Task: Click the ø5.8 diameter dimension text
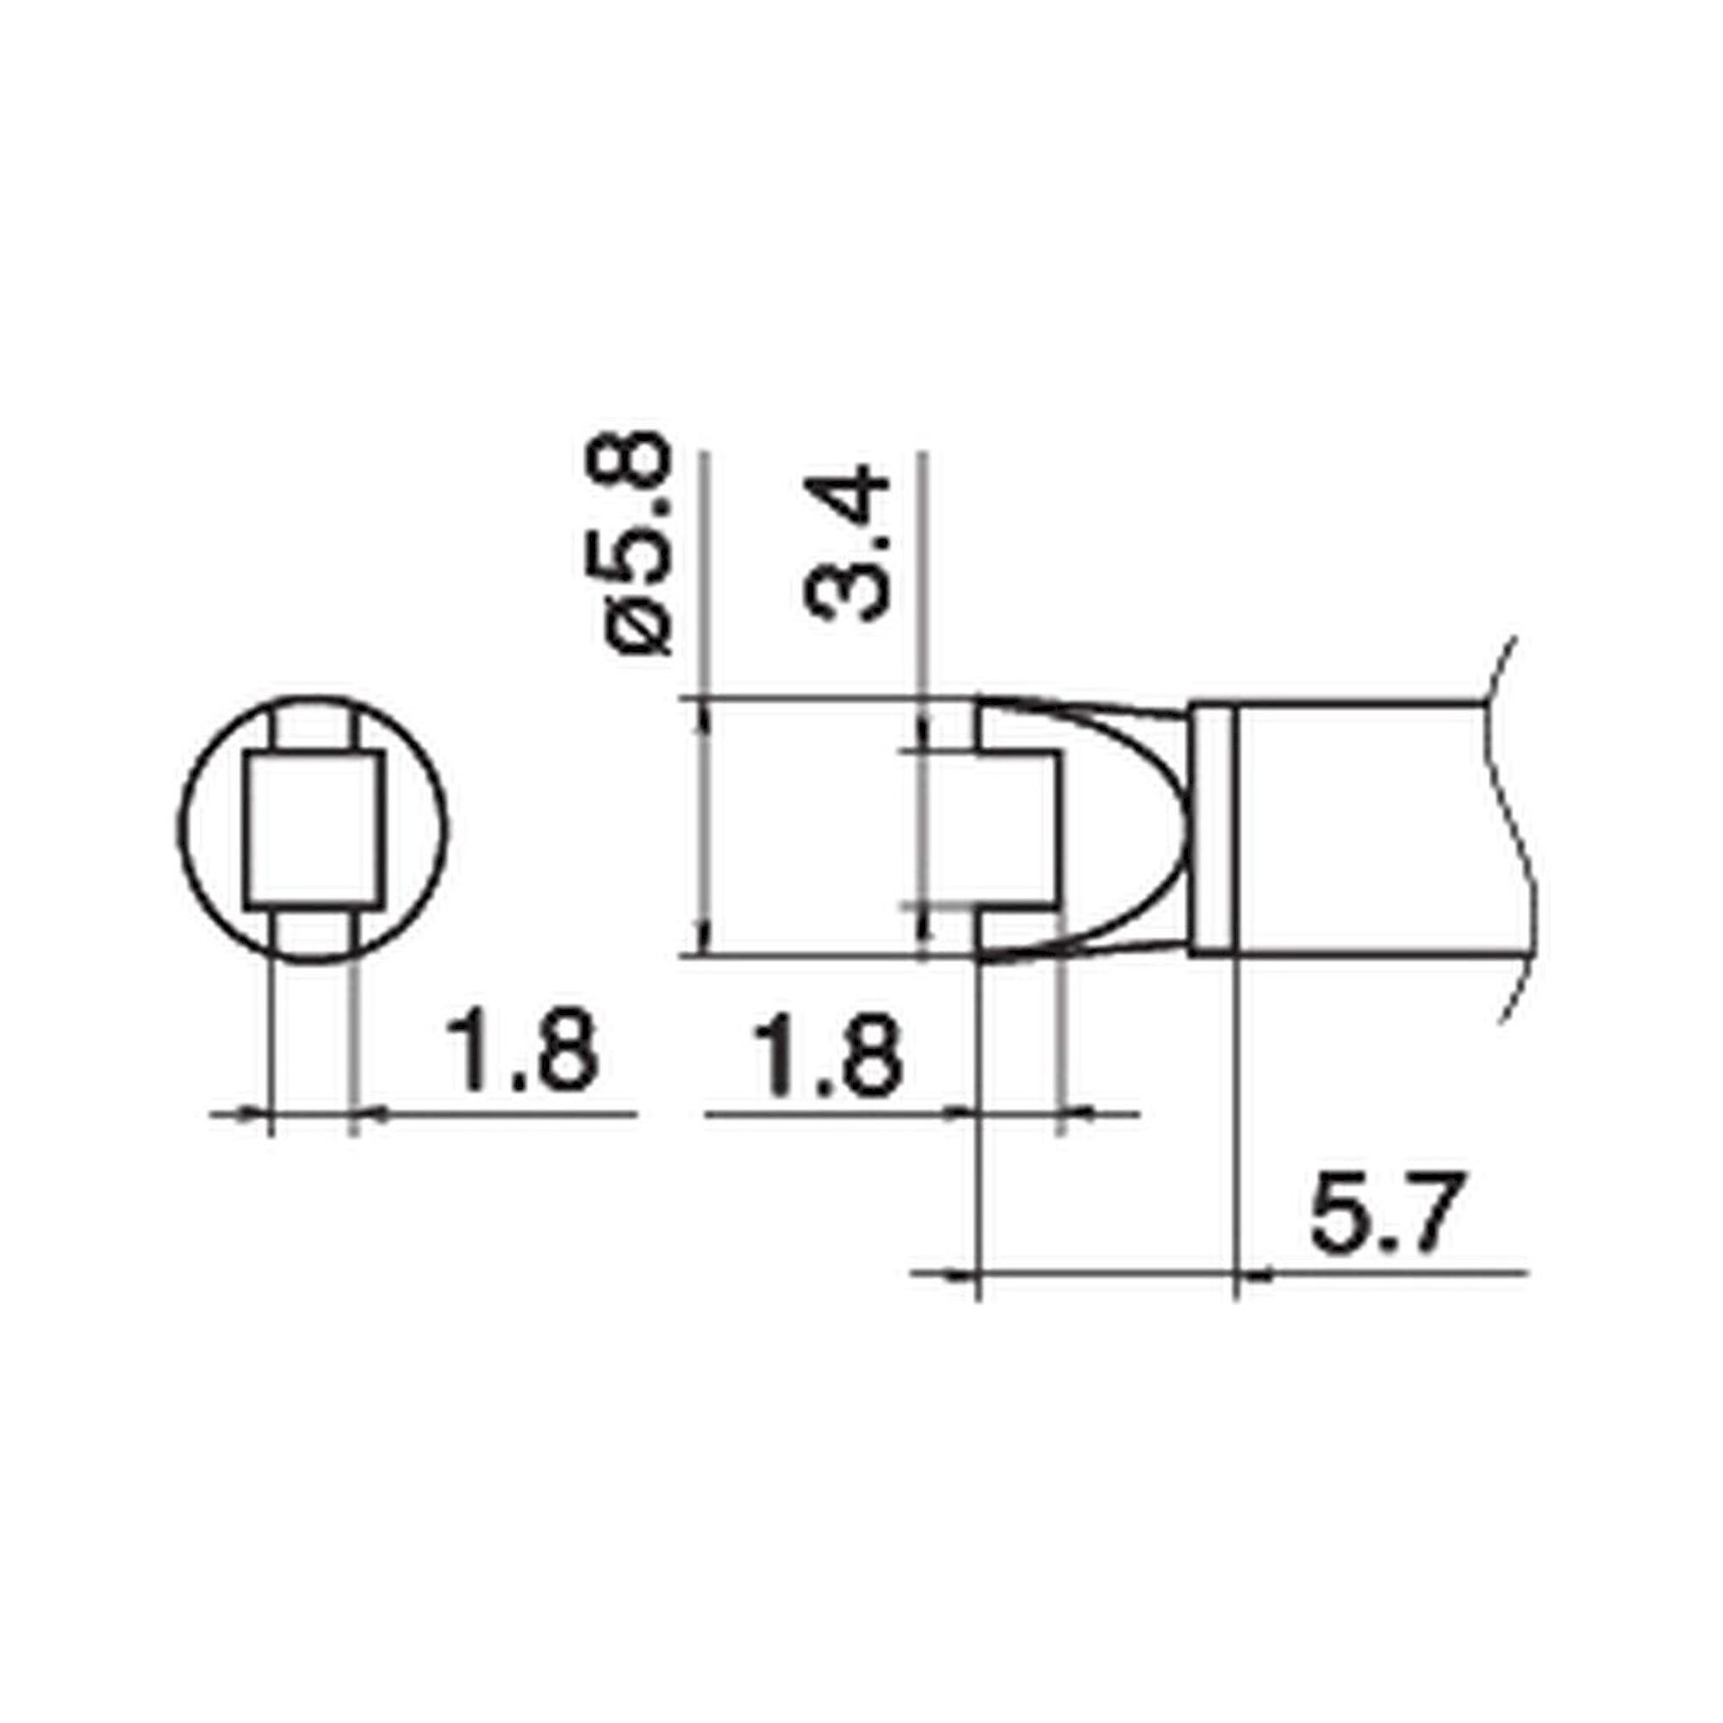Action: [x=638, y=544]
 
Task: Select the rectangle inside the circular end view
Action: [x=314, y=830]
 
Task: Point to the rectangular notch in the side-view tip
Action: [x=1021, y=830]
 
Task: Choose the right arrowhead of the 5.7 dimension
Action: [x=1253, y=1275]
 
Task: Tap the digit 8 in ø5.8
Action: [x=638, y=463]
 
